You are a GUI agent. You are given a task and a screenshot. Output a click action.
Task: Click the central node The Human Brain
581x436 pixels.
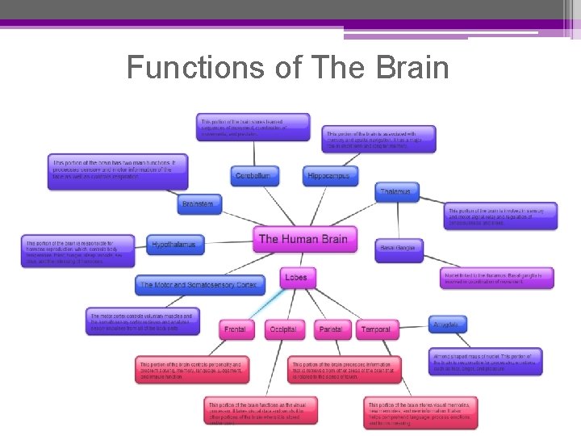pos(303,239)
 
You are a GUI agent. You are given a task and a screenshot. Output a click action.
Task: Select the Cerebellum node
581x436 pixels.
pos(253,175)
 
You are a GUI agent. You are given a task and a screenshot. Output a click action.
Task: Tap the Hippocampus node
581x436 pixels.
pos(332,175)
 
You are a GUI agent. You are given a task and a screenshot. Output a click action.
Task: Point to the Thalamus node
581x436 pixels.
pos(397,192)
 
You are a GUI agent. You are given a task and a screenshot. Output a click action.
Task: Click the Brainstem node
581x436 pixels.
pos(199,204)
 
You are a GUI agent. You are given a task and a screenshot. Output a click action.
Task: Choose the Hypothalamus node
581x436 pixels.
pos(175,244)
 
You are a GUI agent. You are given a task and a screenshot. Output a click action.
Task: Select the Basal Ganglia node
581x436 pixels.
pos(399,248)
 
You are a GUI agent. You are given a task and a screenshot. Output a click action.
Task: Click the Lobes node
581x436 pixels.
pos(295,278)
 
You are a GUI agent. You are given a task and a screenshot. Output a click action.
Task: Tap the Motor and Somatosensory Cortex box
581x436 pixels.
pos(199,285)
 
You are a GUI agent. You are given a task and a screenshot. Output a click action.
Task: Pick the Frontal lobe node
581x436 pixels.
pos(236,329)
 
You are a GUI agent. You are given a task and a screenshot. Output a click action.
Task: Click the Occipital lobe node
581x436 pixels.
pos(283,329)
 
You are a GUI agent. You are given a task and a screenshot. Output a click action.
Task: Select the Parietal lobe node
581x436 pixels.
pos(330,329)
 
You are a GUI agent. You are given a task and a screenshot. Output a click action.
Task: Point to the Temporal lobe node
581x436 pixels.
pos(376,329)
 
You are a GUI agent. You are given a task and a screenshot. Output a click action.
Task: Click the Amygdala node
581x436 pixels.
pos(448,324)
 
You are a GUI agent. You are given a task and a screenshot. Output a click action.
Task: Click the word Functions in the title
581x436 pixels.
pos(196,68)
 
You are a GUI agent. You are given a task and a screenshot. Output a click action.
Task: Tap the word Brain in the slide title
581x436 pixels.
pos(408,68)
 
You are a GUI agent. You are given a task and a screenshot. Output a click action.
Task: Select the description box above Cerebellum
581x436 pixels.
pos(253,127)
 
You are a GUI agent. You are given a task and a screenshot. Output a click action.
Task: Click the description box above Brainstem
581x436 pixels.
pos(117,171)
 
